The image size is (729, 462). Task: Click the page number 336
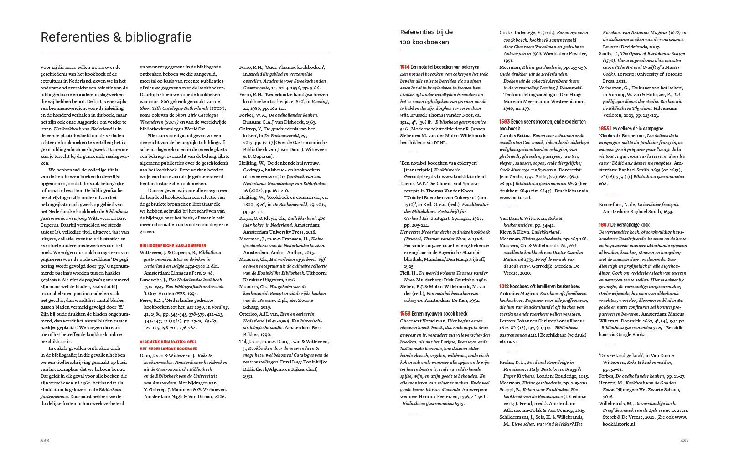click(45, 441)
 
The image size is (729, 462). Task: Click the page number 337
click(684, 441)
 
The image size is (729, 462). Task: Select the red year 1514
click(404, 67)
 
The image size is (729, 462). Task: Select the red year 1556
click(405, 314)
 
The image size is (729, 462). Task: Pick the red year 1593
click(504, 122)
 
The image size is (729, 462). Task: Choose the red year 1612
click(504, 286)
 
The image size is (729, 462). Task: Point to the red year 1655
click(604, 129)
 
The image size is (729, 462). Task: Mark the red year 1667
click(604, 225)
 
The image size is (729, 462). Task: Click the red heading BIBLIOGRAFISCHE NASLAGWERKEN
click(173, 245)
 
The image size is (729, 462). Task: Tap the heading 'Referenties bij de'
click(426, 32)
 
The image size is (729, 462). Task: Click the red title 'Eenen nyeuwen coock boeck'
click(439, 314)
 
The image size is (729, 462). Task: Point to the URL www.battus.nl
click(515, 197)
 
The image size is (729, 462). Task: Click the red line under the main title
click(185, 52)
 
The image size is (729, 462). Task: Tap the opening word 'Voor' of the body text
click(46, 67)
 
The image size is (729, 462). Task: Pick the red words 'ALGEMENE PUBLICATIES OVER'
click(168, 342)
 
